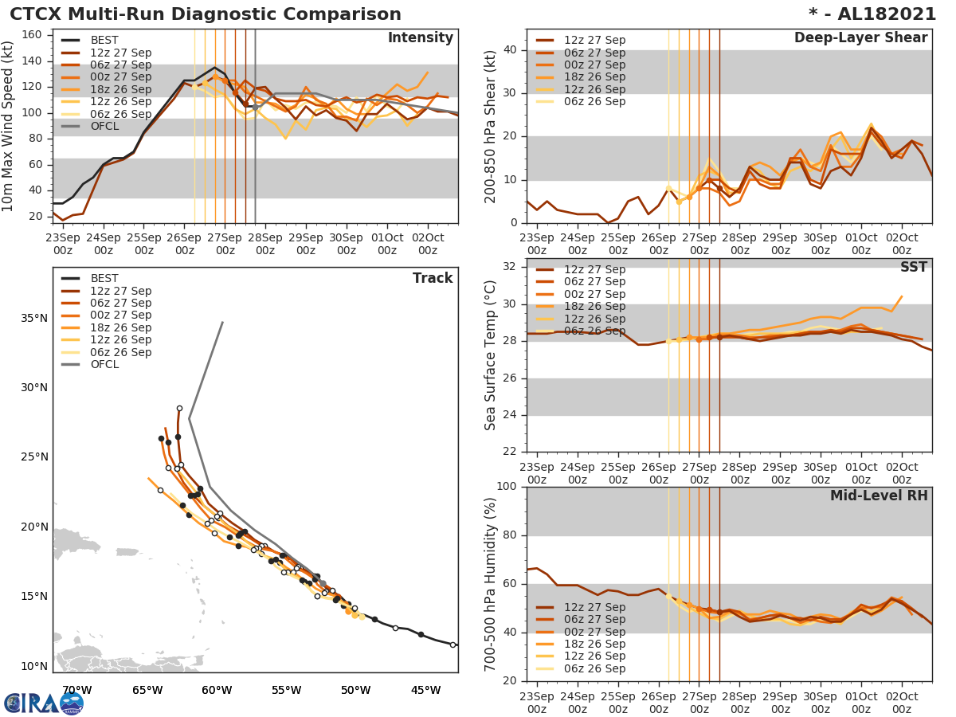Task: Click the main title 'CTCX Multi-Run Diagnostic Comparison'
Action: pos(206,14)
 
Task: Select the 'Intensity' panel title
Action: pos(420,38)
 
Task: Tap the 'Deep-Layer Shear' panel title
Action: pos(860,38)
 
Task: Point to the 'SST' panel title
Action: pos(914,268)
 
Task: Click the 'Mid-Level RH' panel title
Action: pos(879,496)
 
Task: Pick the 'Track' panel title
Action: pos(433,278)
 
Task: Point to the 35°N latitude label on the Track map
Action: pos(33,319)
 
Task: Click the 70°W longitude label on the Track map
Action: pos(76,691)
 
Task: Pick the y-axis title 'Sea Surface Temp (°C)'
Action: pos(491,355)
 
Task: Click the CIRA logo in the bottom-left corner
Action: pos(43,703)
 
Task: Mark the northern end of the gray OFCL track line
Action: pos(222,323)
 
